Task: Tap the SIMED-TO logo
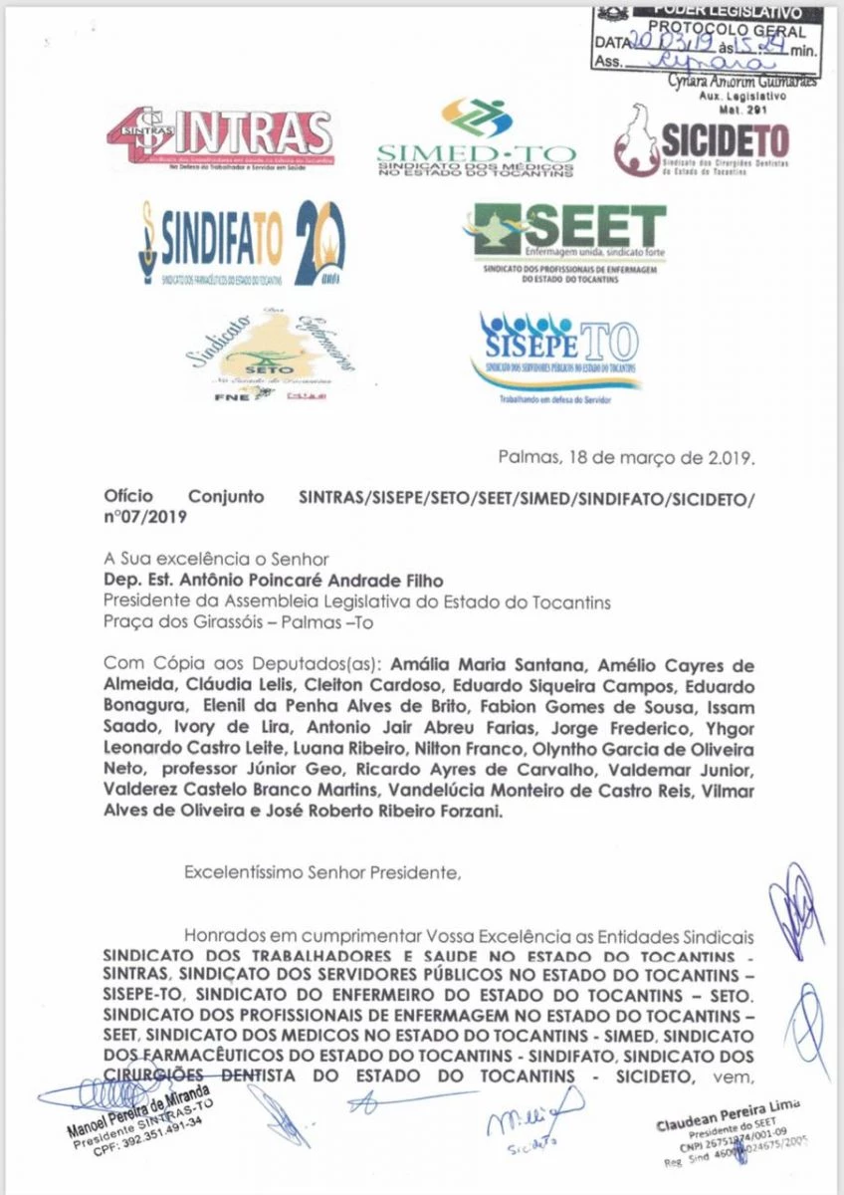pyautogui.click(x=477, y=139)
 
